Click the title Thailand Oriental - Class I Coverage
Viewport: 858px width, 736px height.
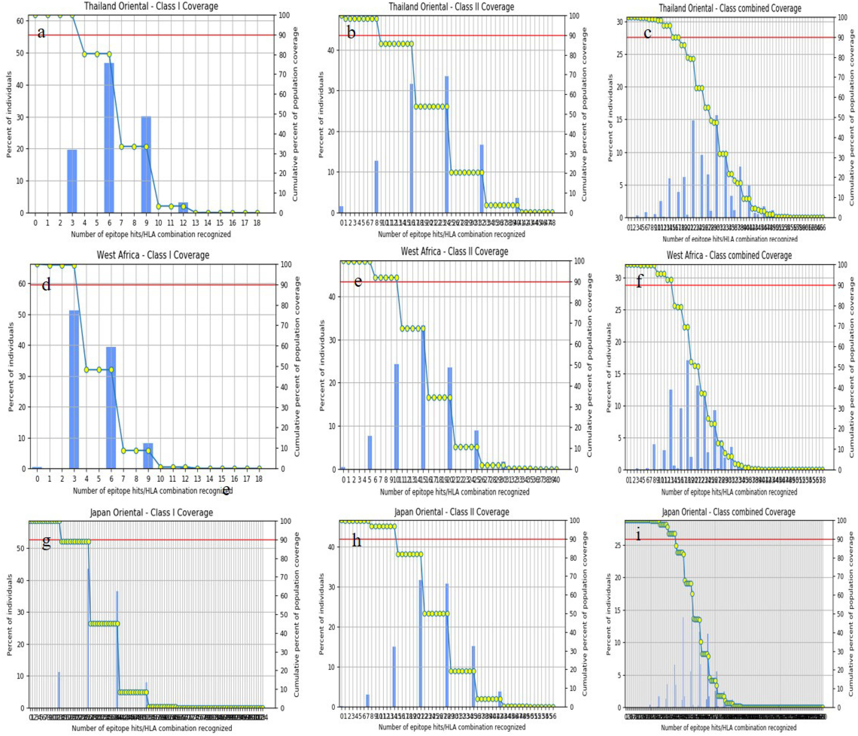[x=151, y=6]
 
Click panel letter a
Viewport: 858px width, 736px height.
[x=41, y=32]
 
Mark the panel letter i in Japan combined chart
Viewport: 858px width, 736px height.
[x=638, y=546]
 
